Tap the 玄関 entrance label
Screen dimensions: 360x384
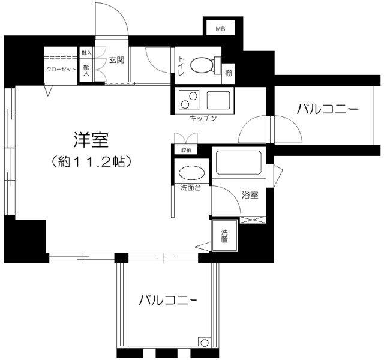[x=116, y=60]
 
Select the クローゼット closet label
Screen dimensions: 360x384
[x=61, y=68]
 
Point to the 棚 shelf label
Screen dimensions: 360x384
[x=229, y=73]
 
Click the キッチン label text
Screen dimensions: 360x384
[x=202, y=118]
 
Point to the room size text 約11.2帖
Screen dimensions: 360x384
[x=91, y=161]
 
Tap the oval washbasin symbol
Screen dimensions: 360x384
[x=191, y=172]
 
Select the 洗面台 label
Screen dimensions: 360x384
[x=191, y=188]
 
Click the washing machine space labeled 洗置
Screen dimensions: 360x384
[x=224, y=236]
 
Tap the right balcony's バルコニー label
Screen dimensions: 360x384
[x=328, y=110]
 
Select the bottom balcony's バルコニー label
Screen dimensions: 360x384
[x=168, y=300]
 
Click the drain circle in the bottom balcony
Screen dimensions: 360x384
[x=205, y=343]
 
